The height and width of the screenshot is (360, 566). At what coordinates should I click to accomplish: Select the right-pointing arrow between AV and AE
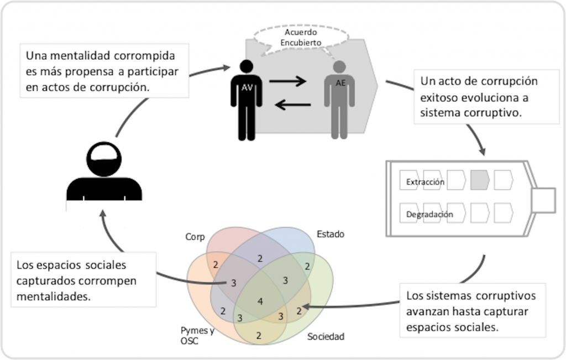tap(287, 82)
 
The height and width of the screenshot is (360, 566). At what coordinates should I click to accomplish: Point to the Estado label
tap(330, 234)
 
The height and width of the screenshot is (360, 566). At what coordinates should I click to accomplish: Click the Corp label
tap(195, 237)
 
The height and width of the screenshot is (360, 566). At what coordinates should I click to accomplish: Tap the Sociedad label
tap(326, 336)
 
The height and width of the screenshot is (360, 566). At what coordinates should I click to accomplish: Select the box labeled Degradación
tap(429, 214)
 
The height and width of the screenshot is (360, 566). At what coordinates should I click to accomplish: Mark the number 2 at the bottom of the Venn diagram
tap(259, 335)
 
